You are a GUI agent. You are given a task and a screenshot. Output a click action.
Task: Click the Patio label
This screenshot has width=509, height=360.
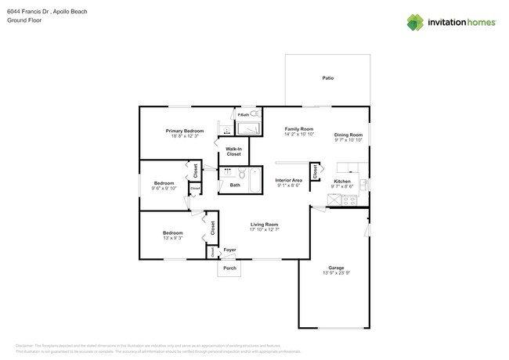(x=327, y=78)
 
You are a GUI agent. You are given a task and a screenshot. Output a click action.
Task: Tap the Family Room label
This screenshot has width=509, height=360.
(x=298, y=128)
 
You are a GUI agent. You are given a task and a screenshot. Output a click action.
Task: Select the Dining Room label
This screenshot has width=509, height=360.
(x=348, y=134)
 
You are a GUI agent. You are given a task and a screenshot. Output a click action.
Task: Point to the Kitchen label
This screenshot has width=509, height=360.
(x=342, y=181)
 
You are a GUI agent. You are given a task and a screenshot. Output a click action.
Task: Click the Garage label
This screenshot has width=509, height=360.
(x=336, y=267)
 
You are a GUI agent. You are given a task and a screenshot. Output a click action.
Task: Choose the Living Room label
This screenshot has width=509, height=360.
(x=264, y=225)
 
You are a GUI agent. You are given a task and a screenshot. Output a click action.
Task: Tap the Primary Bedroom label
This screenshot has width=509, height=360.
(x=185, y=131)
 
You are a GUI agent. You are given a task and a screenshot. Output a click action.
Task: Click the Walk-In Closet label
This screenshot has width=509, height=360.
(x=233, y=151)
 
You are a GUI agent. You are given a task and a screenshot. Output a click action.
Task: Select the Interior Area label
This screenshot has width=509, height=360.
(x=289, y=180)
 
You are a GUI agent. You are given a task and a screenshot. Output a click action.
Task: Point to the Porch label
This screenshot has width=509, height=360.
(x=229, y=268)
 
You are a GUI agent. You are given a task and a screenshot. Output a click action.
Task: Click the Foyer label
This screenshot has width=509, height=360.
(x=229, y=250)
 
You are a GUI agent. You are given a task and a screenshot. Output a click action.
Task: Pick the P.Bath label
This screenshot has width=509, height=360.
(x=243, y=115)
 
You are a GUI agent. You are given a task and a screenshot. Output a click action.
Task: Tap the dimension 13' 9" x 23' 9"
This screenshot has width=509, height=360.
(x=336, y=272)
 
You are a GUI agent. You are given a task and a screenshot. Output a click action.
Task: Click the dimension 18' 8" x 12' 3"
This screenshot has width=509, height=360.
(x=185, y=136)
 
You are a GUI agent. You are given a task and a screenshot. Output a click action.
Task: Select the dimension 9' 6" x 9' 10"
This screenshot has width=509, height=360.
(x=164, y=188)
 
